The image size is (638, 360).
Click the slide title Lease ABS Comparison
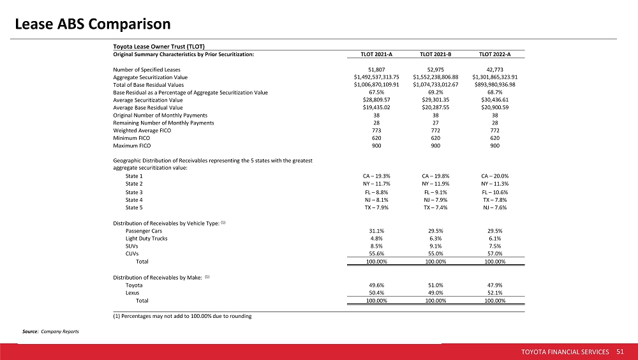(x=93, y=24)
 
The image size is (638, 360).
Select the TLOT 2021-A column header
(x=376, y=54)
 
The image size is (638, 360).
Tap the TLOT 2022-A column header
(x=494, y=54)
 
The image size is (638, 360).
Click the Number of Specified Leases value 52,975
(x=435, y=70)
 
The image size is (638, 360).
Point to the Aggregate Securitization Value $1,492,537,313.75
(x=376, y=77)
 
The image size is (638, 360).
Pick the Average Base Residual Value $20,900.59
(x=495, y=107)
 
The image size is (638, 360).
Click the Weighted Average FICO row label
(x=142, y=131)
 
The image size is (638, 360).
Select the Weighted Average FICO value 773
(x=376, y=131)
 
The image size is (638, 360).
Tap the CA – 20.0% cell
(x=495, y=176)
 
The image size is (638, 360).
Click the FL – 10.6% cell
(x=495, y=192)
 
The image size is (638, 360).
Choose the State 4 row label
(x=134, y=200)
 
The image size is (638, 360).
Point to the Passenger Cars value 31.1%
(x=376, y=231)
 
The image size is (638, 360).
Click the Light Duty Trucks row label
(x=147, y=239)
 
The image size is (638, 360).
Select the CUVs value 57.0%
(x=495, y=253)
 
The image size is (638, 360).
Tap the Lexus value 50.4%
(x=376, y=293)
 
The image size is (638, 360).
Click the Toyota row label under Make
(x=134, y=285)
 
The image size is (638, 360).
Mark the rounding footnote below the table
(x=182, y=316)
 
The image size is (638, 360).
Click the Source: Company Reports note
(x=50, y=331)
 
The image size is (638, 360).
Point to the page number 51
(x=620, y=352)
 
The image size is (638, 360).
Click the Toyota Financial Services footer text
(x=565, y=352)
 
